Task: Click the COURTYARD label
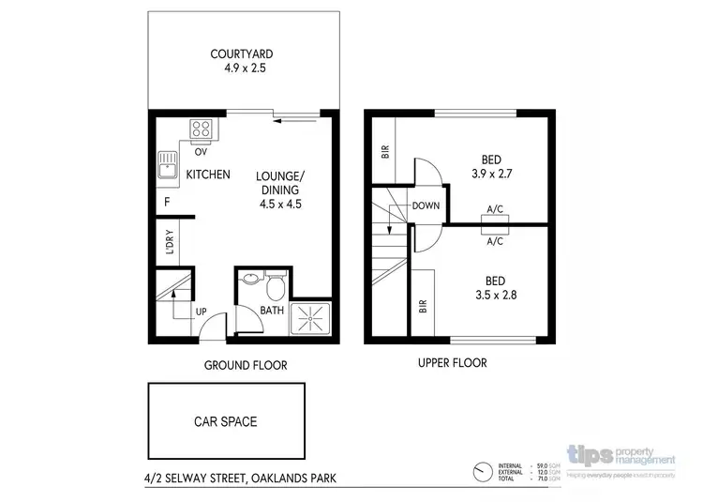[x=241, y=53]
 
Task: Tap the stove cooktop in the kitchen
[x=202, y=129]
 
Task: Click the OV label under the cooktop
[x=201, y=151]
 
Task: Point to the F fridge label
[x=166, y=201]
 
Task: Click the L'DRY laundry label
[x=170, y=241]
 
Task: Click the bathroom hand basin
[x=248, y=280]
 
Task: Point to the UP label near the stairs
[x=201, y=311]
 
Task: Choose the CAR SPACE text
[x=225, y=421]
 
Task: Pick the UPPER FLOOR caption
[x=454, y=363]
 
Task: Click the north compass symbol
[x=484, y=470]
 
